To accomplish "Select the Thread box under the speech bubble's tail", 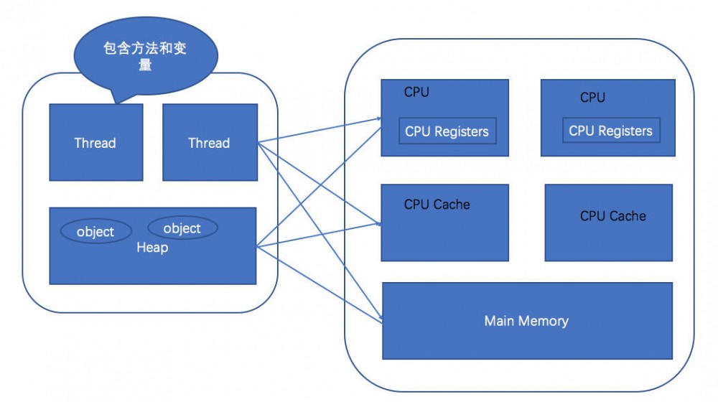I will (x=95, y=142).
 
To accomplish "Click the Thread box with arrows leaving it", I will (x=209, y=142).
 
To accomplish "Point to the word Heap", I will (x=152, y=248).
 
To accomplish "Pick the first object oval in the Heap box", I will (x=95, y=231).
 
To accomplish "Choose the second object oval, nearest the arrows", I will (x=182, y=228).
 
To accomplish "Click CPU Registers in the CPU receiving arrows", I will (x=447, y=131).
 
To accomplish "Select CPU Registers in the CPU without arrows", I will (x=610, y=131).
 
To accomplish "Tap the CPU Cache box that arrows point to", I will (x=445, y=223).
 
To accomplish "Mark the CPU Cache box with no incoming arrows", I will (x=609, y=223).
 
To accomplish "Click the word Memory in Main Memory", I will (x=543, y=321).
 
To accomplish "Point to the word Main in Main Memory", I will (x=499, y=321).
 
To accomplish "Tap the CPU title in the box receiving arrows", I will (x=416, y=92).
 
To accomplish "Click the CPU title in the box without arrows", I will (x=592, y=97).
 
